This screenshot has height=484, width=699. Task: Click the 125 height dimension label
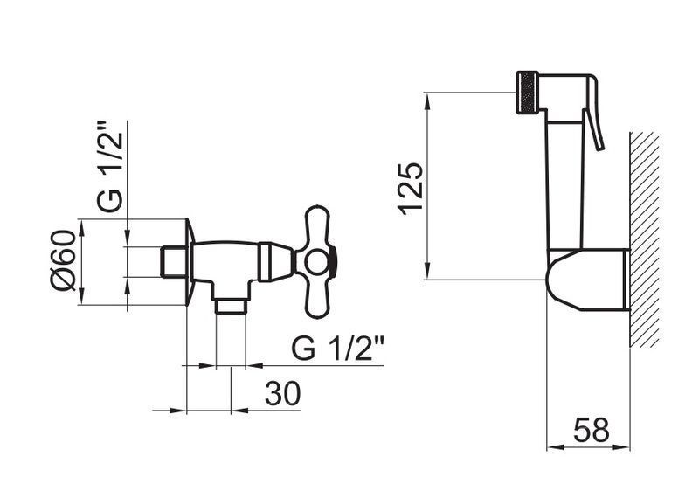point(411,189)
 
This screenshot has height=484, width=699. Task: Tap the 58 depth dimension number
point(592,431)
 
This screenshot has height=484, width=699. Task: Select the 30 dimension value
point(282,393)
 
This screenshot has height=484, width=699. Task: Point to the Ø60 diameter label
point(64,260)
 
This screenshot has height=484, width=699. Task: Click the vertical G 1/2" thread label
point(109,166)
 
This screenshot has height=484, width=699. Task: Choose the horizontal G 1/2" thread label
point(338,348)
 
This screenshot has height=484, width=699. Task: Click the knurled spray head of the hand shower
point(528,93)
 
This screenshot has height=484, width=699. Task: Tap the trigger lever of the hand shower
point(595,113)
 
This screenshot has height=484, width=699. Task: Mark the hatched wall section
point(645,239)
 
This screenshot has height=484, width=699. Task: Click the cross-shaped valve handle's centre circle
point(317,262)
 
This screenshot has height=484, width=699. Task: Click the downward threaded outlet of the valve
point(231,307)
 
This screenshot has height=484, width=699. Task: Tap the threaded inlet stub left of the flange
point(173,261)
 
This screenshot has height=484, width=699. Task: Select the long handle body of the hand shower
point(564,178)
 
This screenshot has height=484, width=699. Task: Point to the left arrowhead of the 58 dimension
point(556,447)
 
